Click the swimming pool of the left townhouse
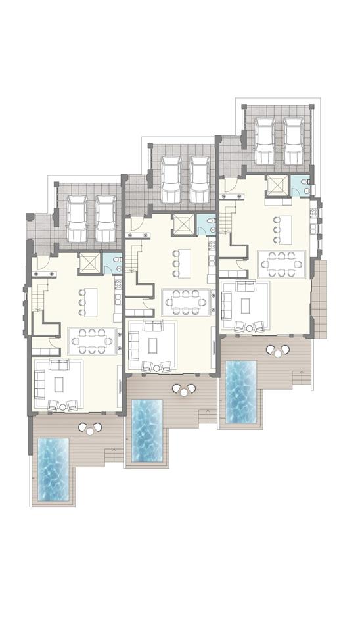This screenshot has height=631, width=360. [x=53, y=470]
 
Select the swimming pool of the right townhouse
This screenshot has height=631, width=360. [x=241, y=391]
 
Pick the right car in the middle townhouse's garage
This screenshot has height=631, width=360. [x=201, y=180]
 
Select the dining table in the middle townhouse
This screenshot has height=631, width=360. [x=186, y=302]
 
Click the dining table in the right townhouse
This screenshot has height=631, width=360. [x=282, y=264]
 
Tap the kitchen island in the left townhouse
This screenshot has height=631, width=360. [x=89, y=302]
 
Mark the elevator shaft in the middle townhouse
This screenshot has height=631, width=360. [x=182, y=225]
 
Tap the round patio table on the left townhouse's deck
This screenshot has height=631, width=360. [x=90, y=428]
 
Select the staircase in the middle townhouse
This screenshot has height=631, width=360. [x=134, y=260]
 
